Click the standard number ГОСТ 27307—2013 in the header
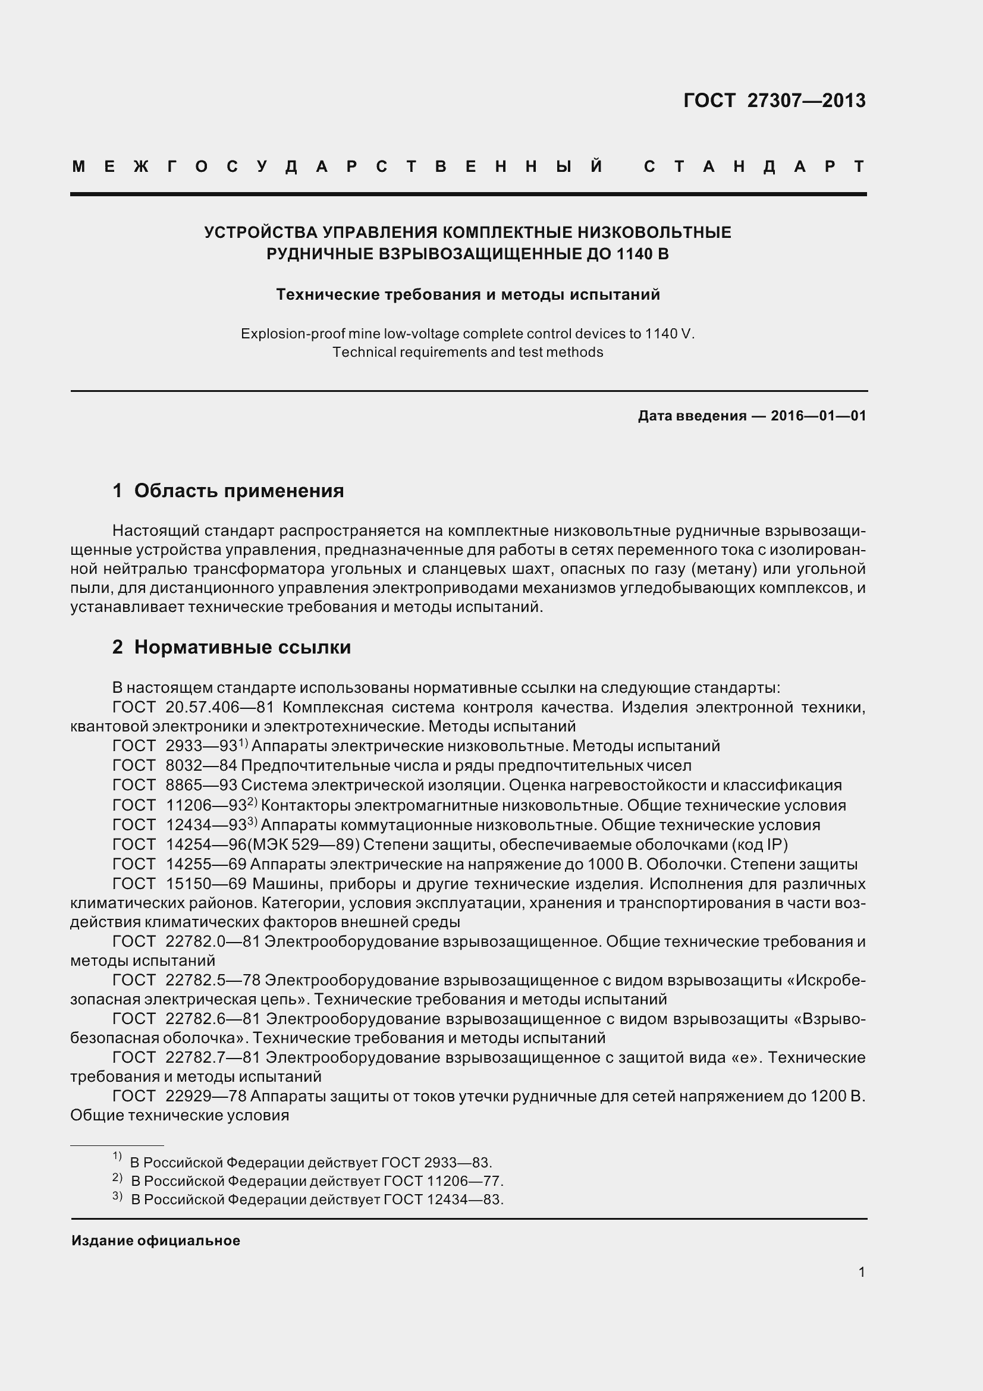774,101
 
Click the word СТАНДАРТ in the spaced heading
754,167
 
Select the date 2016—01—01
818,416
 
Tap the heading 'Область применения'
238,491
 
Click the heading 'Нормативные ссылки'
242,647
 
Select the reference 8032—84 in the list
201,765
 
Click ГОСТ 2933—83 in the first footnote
435,1163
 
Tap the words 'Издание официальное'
156,1241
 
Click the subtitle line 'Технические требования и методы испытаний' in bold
467,295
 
